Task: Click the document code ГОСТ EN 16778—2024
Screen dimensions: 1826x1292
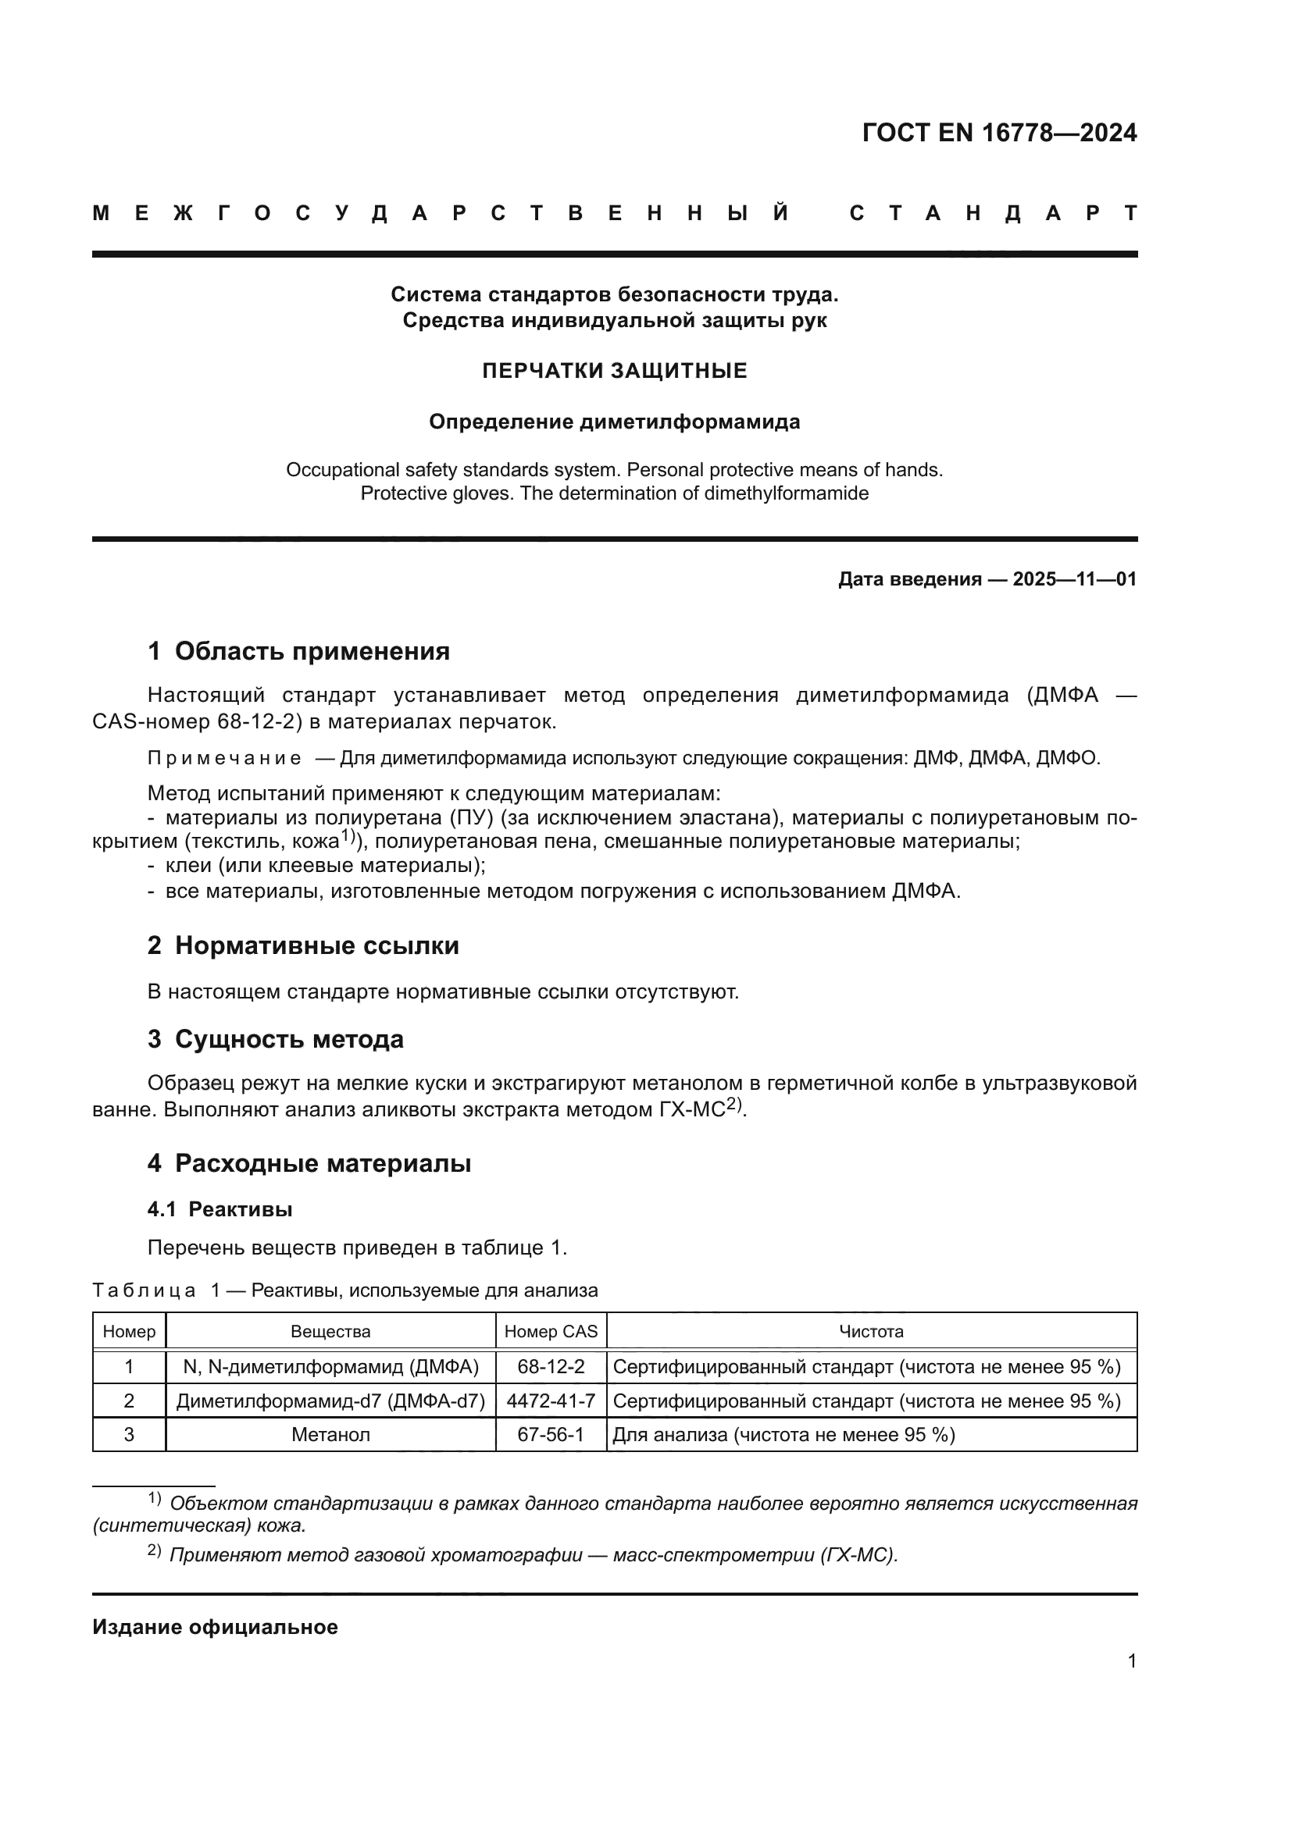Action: coord(999,133)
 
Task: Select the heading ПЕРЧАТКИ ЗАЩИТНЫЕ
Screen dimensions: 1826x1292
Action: coord(614,372)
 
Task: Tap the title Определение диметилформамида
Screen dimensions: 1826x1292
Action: coord(614,422)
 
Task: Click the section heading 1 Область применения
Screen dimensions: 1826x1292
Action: coord(298,651)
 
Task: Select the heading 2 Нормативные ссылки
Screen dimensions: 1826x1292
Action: coord(303,945)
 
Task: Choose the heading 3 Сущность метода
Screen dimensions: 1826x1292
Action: coord(275,1039)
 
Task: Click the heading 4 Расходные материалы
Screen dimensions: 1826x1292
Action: coord(309,1163)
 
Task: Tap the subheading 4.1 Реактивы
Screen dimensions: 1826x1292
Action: coord(219,1209)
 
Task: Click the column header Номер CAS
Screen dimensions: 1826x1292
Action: coord(551,1331)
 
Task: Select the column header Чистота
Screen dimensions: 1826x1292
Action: coord(871,1331)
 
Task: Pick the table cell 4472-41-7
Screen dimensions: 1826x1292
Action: coord(551,1401)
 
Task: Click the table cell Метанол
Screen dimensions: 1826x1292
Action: coord(330,1435)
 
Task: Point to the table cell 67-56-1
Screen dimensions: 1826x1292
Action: coord(551,1435)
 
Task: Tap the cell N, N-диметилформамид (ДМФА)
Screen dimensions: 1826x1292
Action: coord(330,1366)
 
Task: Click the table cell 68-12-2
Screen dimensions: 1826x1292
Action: coord(551,1366)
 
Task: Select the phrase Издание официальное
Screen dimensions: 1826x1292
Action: coord(215,1627)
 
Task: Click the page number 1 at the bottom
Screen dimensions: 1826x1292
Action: coord(1131,1661)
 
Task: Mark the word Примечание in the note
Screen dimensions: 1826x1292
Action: coord(224,759)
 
